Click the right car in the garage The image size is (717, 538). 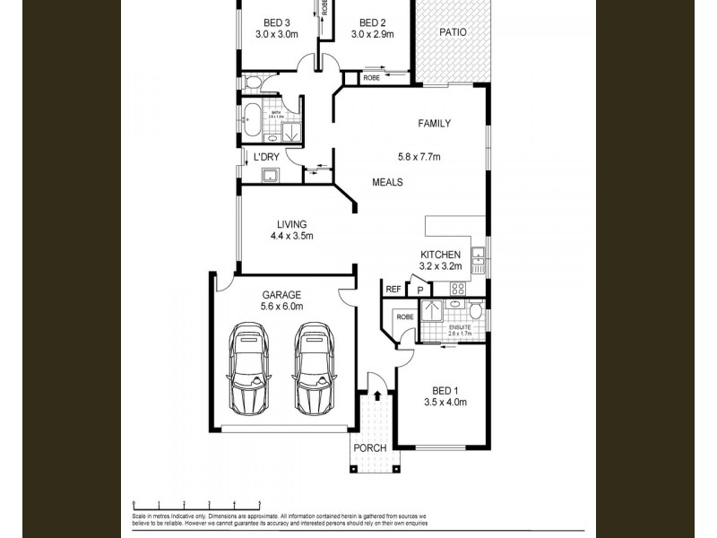tap(313, 367)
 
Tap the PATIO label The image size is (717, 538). tap(453, 32)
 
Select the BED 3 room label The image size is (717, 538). tap(276, 22)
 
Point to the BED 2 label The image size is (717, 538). tap(371, 22)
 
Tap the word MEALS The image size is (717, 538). tap(387, 182)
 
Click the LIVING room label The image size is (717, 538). tap(291, 224)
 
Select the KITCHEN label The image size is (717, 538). tap(440, 255)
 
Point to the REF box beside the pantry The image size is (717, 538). tap(393, 289)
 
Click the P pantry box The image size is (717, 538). tap(419, 290)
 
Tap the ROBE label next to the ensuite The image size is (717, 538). tap(405, 317)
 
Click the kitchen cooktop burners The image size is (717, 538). tap(456, 289)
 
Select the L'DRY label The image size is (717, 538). tap(266, 157)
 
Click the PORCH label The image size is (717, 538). tap(371, 447)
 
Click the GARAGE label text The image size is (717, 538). tap(281, 294)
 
